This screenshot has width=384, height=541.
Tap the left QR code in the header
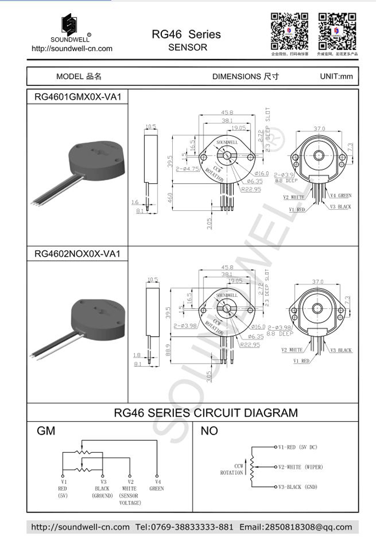pyautogui.click(x=289, y=31)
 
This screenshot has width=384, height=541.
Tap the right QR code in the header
pyautogui.click(x=337, y=31)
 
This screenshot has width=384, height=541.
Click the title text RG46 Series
pyautogui.click(x=187, y=34)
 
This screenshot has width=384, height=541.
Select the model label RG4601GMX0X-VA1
pyautogui.click(x=77, y=97)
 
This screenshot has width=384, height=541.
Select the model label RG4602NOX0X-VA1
pyautogui.click(x=77, y=254)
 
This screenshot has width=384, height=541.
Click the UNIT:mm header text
pyautogui.click(x=336, y=77)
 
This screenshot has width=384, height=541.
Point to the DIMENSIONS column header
pyautogui.click(x=245, y=77)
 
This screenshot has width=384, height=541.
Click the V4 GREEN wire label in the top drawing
pyautogui.click(x=341, y=195)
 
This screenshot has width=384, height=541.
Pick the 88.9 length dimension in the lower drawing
pyautogui.click(x=170, y=348)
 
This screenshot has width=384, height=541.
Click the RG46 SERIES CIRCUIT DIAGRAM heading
pyautogui.click(x=206, y=413)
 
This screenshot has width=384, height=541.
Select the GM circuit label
pyautogui.click(x=46, y=431)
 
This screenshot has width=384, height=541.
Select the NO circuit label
pyautogui.click(x=209, y=431)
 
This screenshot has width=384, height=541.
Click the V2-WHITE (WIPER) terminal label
pyautogui.click(x=300, y=467)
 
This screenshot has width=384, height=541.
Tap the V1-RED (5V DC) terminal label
pyautogui.click(x=297, y=447)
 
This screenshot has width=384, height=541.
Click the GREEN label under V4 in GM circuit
pyautogui.click(x=156, y=488)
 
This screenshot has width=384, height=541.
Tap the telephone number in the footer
pyautogui.click(x=184, y=527)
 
